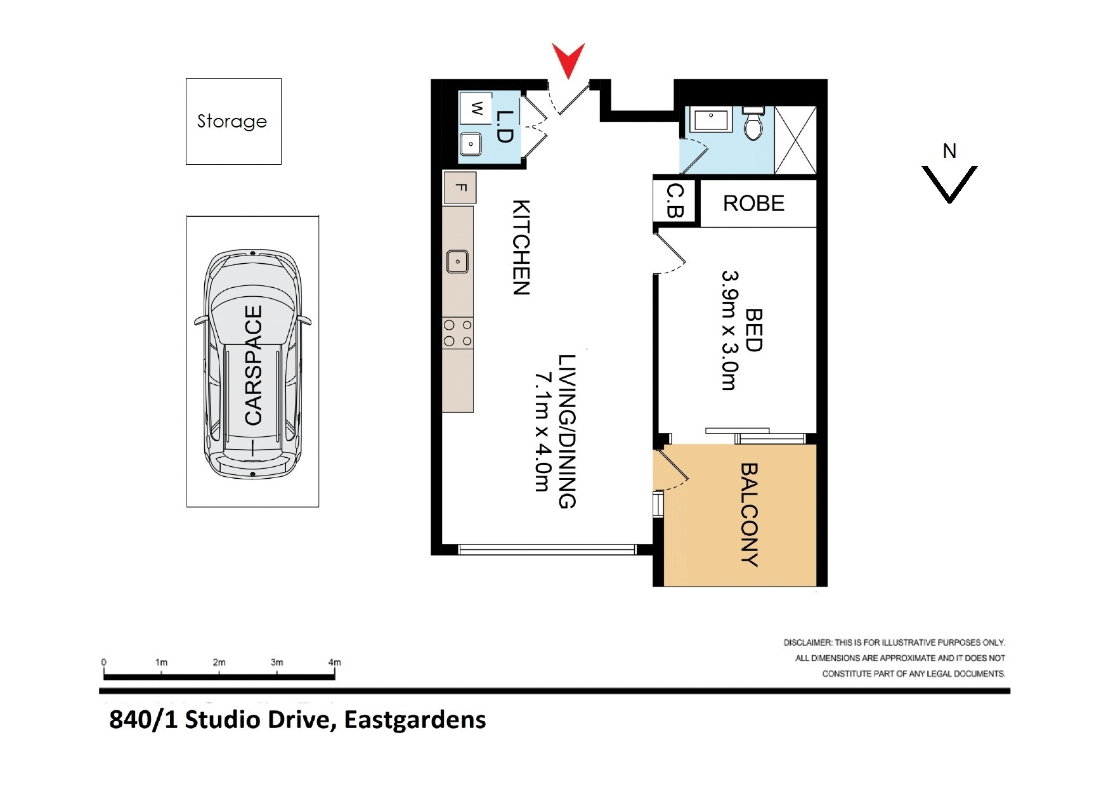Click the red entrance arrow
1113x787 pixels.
click(568, 59)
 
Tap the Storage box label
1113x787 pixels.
click(232, 120)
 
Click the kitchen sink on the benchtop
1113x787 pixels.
click(457, 261)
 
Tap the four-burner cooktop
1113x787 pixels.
click(457, 333)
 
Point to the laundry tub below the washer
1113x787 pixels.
click(471, 144)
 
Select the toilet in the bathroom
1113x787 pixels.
click(753, 124)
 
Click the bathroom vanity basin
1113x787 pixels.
click(711, 119)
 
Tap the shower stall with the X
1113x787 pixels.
click(795, 140)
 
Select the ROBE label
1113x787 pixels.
click(753, 204)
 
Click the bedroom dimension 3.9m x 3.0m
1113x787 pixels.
click(729, 330)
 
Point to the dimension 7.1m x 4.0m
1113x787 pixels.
click(542, 433)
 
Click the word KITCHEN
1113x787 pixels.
click(521, 247)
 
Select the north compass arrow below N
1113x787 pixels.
click(949, 184)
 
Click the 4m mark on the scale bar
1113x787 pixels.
click(334, 663)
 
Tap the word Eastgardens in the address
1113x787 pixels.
click(415, 720)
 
